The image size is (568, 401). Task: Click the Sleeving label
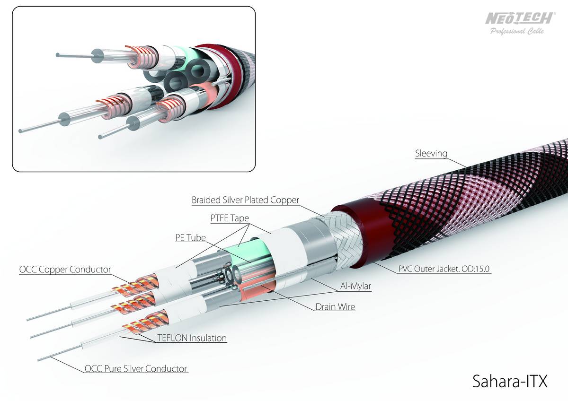431,153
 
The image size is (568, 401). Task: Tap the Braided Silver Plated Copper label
245,200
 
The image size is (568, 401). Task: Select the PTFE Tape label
230,218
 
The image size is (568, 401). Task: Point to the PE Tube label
190,237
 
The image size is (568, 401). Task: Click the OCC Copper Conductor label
65,269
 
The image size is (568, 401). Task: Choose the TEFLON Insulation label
192,338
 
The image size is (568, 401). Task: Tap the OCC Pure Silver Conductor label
136,368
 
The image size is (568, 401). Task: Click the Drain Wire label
335,307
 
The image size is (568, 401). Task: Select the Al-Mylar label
355,286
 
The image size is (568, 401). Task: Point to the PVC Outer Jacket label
444,269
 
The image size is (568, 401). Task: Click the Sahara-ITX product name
510,381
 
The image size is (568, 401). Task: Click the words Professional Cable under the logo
517,31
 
